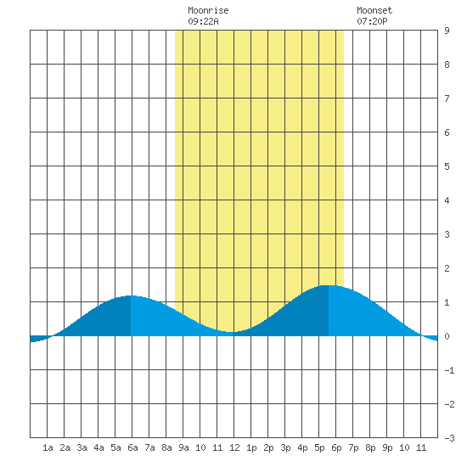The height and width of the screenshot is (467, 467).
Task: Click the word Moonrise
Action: (x=208, y=10)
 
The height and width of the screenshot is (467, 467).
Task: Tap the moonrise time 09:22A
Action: (x=203, y=21)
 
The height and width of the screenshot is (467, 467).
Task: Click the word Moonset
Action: (x=374, y=10)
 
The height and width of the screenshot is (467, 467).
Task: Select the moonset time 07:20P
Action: (x=372, y=21)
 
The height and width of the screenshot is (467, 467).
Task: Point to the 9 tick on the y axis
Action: (x=447, y=31)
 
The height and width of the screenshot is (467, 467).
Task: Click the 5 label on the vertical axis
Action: (x=447, y=166)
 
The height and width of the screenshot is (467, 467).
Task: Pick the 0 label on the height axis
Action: (x=447, y=336)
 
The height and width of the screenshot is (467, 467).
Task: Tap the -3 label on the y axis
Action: (x=449, y=438)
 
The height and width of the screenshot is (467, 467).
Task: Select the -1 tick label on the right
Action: (x=449, y=370)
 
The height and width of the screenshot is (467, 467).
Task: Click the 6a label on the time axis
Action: (x=132, y=447)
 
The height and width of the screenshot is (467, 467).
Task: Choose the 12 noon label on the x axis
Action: (x=234, y=447)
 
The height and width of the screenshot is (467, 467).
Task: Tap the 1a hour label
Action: (x=48, y=447)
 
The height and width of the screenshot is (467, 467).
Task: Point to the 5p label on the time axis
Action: (x=319, y=447)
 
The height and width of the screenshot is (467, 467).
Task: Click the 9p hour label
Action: (x=387, y=447)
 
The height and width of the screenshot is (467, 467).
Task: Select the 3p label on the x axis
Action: (x=285, y=447)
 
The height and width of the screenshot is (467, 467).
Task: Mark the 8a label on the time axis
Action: (x=166, y=447)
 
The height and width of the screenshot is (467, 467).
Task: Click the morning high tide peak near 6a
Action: (x=131, y=295)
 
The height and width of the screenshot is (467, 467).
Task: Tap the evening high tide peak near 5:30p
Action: (x=329, y=285)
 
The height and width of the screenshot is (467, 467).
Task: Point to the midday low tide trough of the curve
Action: (x=233, y=332)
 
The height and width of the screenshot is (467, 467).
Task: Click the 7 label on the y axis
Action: (x=447, y=98)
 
